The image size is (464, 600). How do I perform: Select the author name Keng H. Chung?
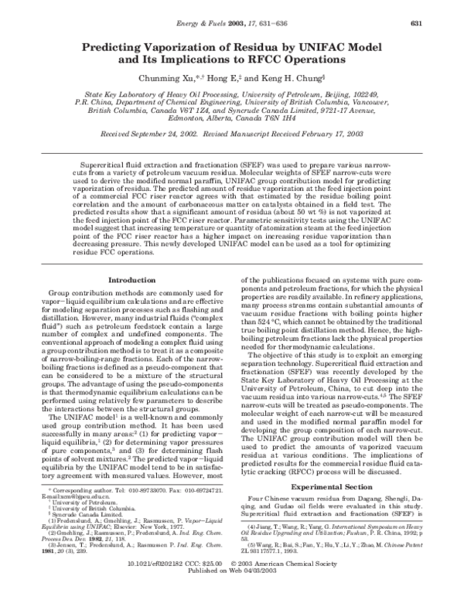coord(301,77)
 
